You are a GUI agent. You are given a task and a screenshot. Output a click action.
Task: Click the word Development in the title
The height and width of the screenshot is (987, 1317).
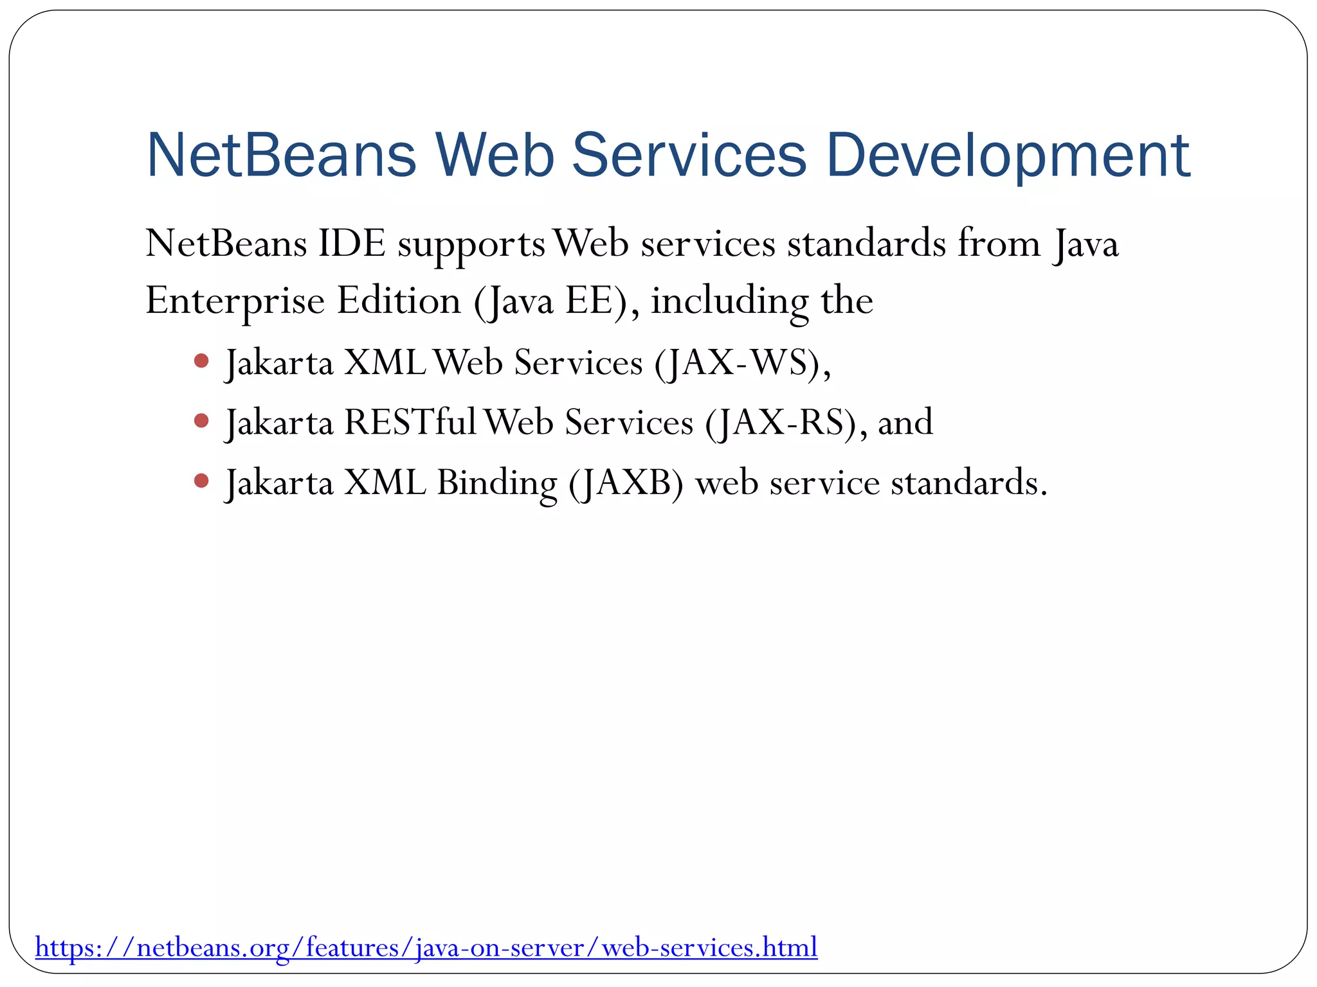pyautogui.click(x=1008, y=157)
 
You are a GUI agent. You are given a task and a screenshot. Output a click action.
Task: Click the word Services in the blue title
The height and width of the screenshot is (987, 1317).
pyautogui.click(x=689, y=156)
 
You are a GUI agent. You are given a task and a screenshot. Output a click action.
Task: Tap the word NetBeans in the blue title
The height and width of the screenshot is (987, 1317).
pyautogui.click(x=282, y=156)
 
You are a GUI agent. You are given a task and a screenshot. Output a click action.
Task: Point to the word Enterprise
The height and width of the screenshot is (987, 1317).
pyautogui.click(x=235, y=301)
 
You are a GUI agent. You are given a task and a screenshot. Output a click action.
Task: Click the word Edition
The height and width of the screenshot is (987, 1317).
pyautogui.click(x=399, y=300)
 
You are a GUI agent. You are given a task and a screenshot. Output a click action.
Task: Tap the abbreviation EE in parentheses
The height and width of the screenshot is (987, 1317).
pyautogui.click(x=588, y=301)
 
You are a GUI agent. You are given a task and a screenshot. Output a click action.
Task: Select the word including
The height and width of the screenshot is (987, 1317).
pyautogui.click(x=729, y=301)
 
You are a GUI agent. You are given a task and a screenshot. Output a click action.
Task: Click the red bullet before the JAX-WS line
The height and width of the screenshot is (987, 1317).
pyautogui.click(x=201, y=360)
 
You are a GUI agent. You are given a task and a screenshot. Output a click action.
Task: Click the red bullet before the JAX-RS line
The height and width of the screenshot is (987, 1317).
pyautogui.click(x=201, y=421)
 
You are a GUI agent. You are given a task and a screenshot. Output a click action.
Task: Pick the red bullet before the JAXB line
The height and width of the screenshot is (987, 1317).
pyautogui.click(x=201, y=481)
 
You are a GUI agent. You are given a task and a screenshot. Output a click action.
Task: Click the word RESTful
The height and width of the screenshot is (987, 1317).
pyautogui.click(x=410, y=423)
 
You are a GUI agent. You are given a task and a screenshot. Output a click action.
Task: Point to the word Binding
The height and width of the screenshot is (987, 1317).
pyautogui.click(x=496, y=483)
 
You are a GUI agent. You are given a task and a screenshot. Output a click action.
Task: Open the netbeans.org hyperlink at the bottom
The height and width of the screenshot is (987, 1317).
pyautogui.click(x=426, y=947)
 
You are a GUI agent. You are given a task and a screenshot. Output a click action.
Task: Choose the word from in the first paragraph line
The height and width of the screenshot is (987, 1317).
pyautogui.click(x=999, y=244)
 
